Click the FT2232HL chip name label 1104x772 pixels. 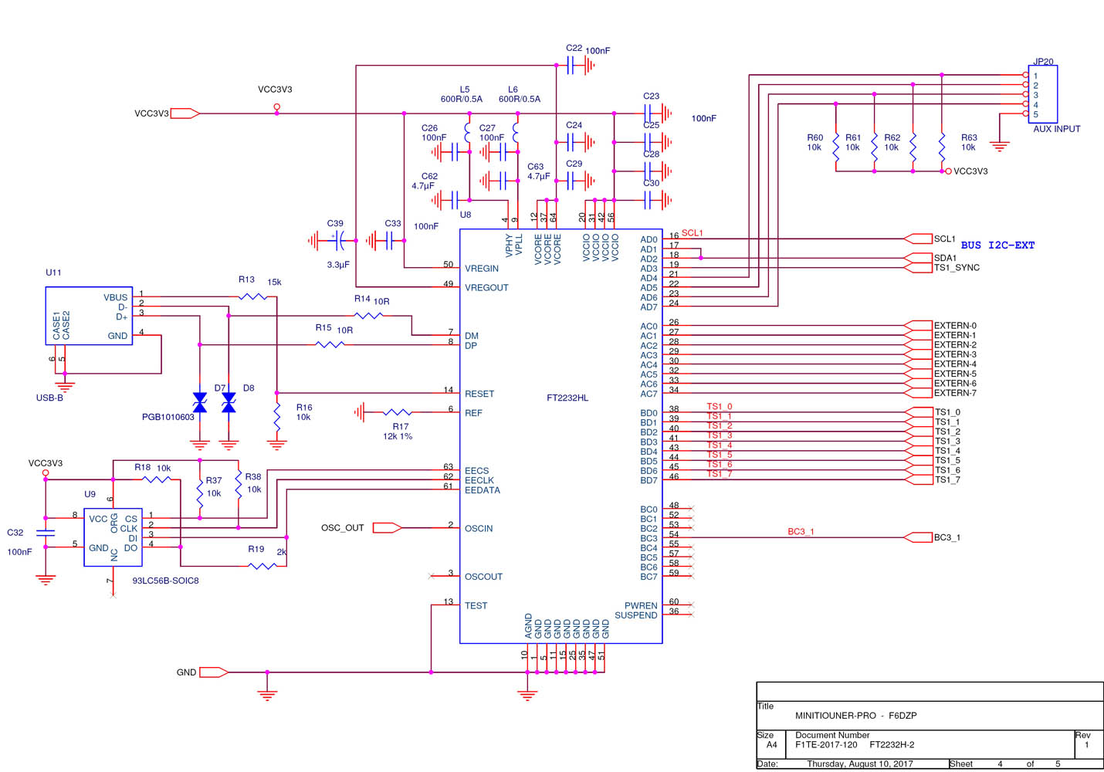[x=567, y=398]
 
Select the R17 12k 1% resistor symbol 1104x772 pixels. [x=397, y=413]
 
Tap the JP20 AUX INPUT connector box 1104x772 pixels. [x=1042, y=94]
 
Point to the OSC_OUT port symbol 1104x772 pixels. [x=387, y=528]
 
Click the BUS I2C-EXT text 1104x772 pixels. [x=997, y=245]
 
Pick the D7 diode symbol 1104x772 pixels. [x=200, y=402]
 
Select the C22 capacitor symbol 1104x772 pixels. [x=572, y=66]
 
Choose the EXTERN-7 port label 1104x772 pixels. [x=955, y=393]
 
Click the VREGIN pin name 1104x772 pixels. [x=482, y=269]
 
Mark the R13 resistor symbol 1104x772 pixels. [x=252, y=296]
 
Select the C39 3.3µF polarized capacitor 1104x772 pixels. [x=338, y=241]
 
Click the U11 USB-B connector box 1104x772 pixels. [x=89, y=316]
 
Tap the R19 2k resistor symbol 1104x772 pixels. [x=262, y=567]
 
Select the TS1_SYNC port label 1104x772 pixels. [x=957, y=268]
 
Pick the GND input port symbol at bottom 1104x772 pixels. [x=214, y=672]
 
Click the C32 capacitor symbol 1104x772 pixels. [x=46, y=533]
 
